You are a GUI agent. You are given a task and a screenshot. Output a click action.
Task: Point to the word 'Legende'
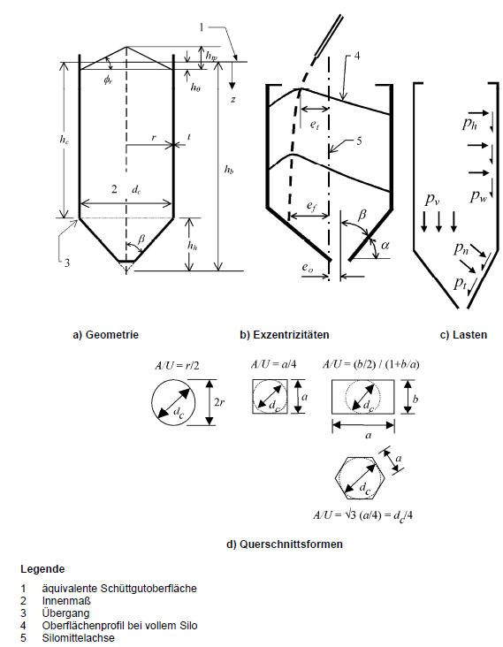pyautogui.click(x=42, y=568)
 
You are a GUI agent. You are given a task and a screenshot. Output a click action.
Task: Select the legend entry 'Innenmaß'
pyautogui.click(x=66, y=600)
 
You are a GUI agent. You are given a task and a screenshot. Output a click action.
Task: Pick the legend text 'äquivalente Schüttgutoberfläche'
pyautogui.click(x=119, y=588)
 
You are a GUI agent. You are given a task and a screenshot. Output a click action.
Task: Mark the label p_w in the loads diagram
pyautogui.click(x=477, y=194)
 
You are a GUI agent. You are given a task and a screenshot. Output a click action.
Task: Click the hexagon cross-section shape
pyautogui.click(x=358, y=477)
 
